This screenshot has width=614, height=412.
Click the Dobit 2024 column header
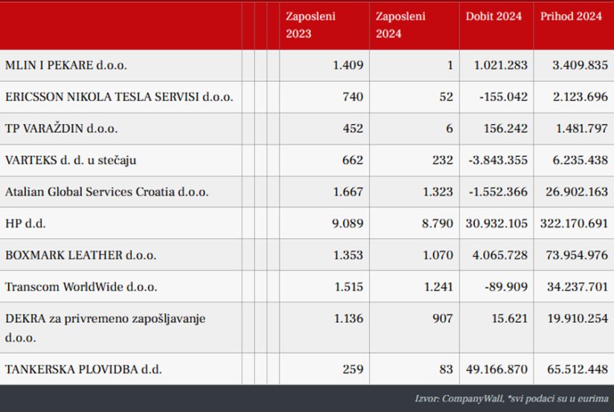point(493,16)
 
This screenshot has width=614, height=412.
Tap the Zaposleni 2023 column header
point(310,25)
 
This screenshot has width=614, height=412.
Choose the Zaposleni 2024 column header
point(400,25)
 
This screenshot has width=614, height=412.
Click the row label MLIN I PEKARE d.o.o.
point(65,65)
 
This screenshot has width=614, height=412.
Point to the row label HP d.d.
point(21,223)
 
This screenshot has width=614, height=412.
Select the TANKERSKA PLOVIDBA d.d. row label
point(83,368)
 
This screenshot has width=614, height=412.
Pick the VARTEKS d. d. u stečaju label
point(70,160)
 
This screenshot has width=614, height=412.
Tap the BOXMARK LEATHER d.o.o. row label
point(80,255)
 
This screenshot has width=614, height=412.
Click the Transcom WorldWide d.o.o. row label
point(80,286)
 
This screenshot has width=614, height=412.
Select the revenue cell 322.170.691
point(567,223)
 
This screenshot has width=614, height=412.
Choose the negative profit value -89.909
point(505,286)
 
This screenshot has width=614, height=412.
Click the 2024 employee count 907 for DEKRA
point(442,318)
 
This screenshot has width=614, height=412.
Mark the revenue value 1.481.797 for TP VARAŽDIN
point(575,129)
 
